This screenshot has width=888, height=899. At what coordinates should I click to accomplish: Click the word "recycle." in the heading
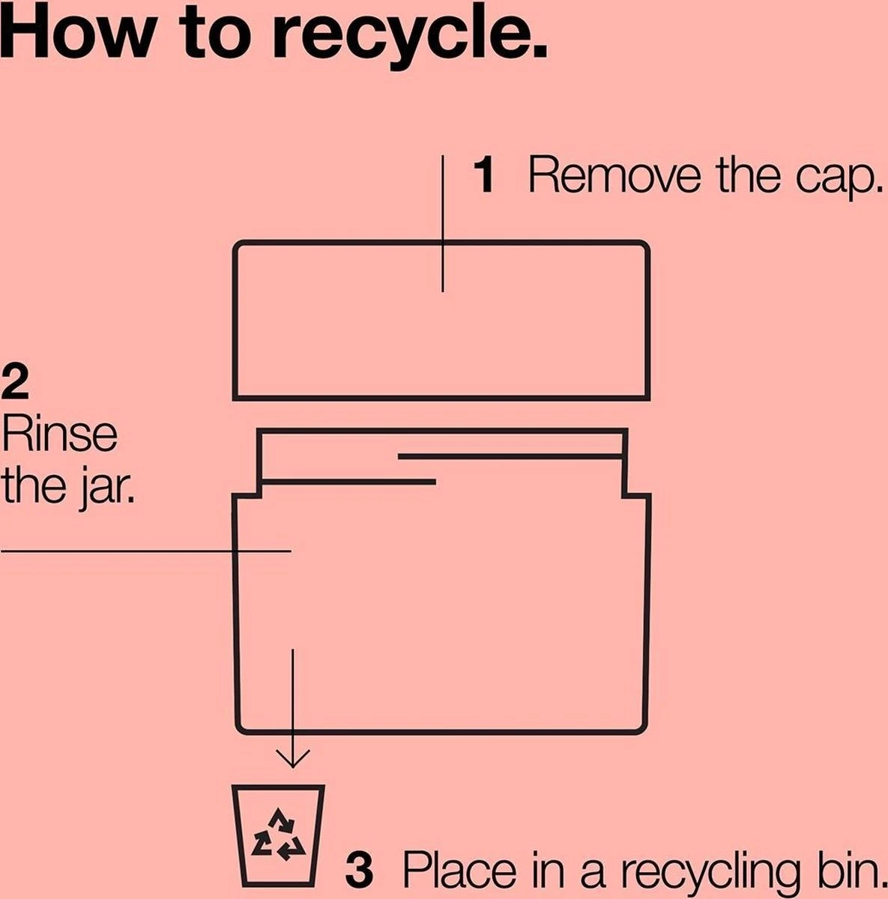tap(409, 38)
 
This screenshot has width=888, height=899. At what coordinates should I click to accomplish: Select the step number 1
tap(484, 175)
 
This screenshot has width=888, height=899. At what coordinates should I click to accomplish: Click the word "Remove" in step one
tap(614, 175)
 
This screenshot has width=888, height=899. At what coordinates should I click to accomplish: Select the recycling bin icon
tap(279, 835)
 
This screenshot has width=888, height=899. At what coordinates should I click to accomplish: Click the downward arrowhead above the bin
tap(293, 757)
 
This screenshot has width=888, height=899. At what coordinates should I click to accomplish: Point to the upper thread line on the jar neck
tap(510, 456)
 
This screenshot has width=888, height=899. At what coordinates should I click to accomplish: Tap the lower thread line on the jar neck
tap(348, 482)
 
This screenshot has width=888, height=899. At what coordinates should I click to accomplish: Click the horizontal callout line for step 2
tap(145, 551)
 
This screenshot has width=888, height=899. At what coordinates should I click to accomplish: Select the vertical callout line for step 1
tap(443, 224)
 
